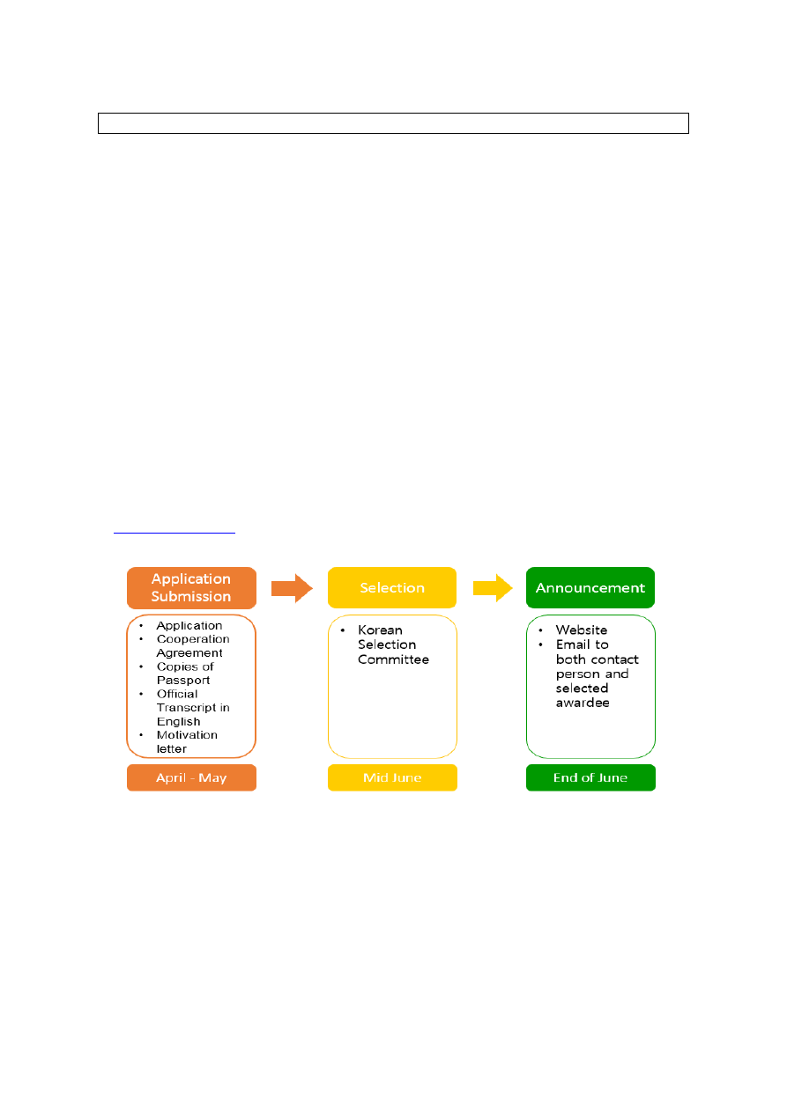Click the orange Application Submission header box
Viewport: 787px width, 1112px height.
[191, 588]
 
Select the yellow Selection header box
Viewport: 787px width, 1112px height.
[392, 588]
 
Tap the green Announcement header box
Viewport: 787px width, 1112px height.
[590, 588]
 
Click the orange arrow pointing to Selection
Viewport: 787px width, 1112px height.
[292, 588]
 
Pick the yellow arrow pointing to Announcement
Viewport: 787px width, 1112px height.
[493, 588]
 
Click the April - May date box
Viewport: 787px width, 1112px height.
[191, 777]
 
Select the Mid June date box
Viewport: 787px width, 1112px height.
[392, 777]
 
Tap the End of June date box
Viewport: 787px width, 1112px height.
[590, 777]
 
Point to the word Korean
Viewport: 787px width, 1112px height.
[380, 630]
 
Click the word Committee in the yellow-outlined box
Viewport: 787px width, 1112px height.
[393, 659]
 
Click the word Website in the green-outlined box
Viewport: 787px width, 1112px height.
[582, 630]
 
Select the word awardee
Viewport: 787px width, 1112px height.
[583, 703]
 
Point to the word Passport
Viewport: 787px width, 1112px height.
[183, 680]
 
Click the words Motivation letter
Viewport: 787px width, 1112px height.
[187, 741]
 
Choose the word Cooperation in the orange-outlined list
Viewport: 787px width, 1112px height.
[193, 639]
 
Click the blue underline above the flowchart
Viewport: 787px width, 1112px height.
[174, 533]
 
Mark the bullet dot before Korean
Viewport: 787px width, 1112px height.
[342, 630]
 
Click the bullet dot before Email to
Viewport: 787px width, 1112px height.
[540, 644]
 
